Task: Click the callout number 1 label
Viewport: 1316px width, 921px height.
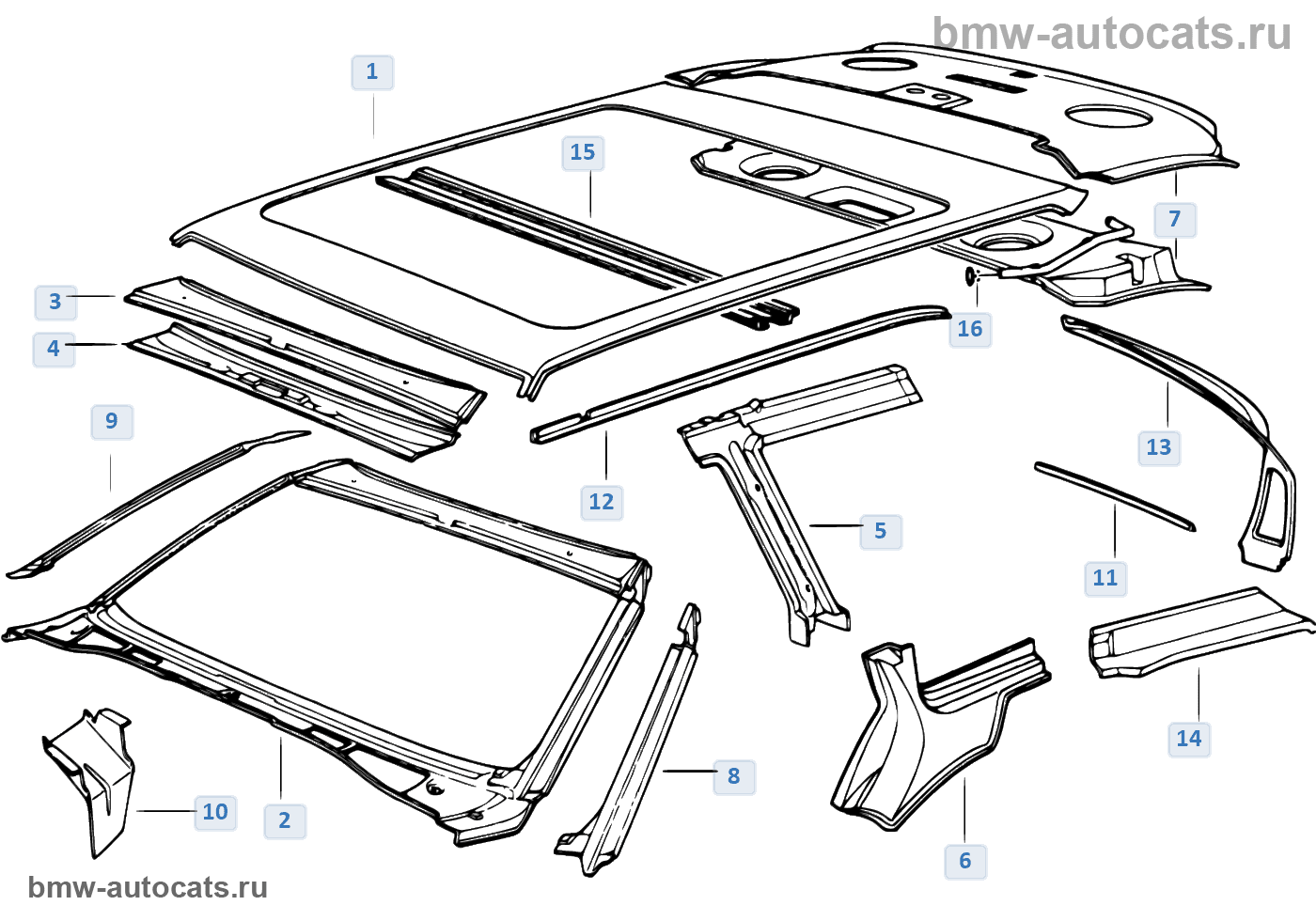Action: (x=372, y=72)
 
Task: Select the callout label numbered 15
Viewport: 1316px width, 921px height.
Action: (x=583, y=153)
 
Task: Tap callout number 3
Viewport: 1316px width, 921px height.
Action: (x=55, y=302)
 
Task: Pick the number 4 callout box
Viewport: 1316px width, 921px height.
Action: (x=54, y=349)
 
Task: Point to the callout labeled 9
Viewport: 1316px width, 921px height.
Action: (x=112, y=421)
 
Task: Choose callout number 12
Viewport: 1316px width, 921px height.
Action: (x=602, y=502)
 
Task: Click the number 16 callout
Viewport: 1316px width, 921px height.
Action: (x=970, y=329)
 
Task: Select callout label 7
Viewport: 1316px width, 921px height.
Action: (x=1175, y=220)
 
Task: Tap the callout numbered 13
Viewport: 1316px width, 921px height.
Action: (x=1159, y=447)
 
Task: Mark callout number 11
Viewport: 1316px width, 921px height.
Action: (x=1105, y=578)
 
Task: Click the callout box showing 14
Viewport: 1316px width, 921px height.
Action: (x=1189, y=739)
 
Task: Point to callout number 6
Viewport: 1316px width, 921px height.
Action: (x=965, y=861)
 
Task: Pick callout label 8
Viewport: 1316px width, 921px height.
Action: (x=734, y=776)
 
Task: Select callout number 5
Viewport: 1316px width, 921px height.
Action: (x=881, y=531)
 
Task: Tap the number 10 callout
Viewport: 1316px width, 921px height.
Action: (x=215, y=812)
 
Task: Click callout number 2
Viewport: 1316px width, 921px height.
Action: (x=285, y=820)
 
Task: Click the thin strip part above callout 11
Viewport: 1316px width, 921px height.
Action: (x=1114, y=495)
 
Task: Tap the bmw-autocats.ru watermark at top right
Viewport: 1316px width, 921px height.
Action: (x=1112, y=34)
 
